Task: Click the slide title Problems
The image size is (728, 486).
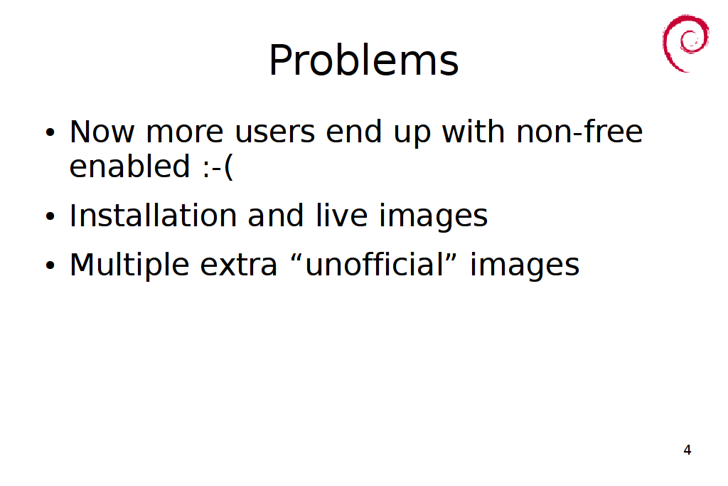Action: coord(363,60)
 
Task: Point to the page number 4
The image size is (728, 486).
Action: coord(687,450)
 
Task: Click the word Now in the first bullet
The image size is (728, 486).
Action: coord(102,132)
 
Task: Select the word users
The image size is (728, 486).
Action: coord(275,132)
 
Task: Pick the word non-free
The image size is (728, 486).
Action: coord(579,132)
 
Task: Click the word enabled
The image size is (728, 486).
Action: coord(129,167)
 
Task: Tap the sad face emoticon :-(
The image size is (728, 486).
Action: coord(218,167)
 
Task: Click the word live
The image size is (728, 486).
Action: coord(342,216)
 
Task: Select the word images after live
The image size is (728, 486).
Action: coord(433,216)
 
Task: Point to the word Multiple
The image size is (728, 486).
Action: coord(129,265)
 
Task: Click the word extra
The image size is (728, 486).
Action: coord(238,265)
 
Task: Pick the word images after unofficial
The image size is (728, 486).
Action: coord(525,265)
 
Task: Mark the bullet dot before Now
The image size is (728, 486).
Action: coord(50,132)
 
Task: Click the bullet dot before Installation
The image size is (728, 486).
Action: coord(50,216)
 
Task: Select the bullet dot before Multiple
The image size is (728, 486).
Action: coord(50,265)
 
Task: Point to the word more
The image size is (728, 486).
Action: coord(185,132)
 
